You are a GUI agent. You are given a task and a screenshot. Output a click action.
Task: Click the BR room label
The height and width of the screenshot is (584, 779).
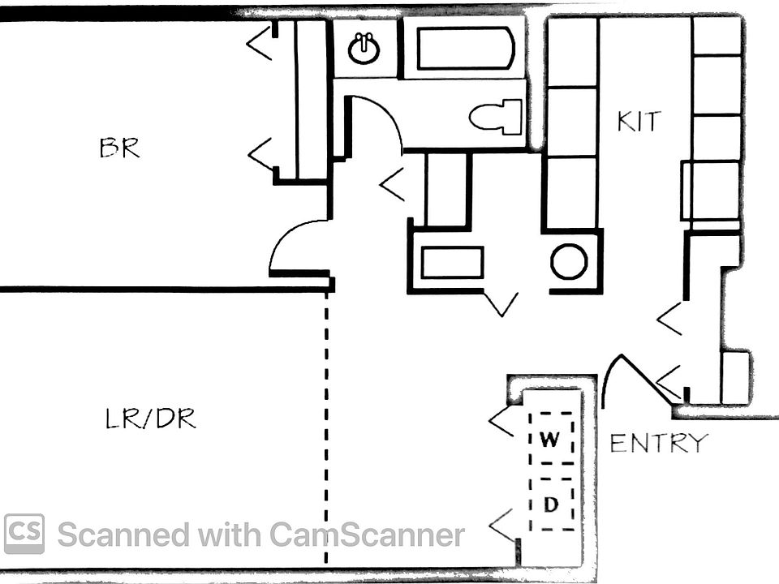tap(119, 148)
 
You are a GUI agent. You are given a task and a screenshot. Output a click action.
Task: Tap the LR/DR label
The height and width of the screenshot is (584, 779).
tap(151, 419)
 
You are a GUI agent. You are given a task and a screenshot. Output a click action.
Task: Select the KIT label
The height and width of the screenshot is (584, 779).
tap(639, 122)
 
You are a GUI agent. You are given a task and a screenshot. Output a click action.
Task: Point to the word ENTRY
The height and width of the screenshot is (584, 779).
tap(659, 443)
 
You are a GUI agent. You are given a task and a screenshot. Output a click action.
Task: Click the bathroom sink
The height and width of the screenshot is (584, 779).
tap(364, 49)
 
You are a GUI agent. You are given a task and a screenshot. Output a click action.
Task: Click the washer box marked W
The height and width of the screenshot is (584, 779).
tap(551, 439)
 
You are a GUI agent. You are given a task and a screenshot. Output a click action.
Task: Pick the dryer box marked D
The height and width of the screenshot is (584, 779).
tap(552, 505)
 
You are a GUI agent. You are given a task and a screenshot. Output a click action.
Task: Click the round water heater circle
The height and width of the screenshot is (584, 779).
tap(569, 261)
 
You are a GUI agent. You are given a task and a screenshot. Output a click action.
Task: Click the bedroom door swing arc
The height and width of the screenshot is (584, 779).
tap(296, 243)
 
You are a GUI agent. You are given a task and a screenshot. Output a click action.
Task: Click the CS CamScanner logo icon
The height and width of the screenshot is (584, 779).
tap(24, 534)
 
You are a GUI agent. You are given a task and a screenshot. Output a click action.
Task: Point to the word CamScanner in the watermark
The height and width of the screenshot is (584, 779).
tap(367, 535)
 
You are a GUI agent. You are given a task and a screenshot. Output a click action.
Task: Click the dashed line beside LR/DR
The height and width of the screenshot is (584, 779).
tap(326, 430)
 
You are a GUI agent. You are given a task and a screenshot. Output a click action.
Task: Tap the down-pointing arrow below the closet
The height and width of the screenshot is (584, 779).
tap(500, 304)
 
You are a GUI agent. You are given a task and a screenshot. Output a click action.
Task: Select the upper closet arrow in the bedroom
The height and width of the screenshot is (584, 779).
tap(260, 42)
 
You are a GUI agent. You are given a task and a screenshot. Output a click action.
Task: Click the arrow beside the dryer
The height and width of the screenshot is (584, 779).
tap(501, 526)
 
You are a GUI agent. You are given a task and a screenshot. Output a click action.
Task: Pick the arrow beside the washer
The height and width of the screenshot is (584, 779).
tap(501, 422)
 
